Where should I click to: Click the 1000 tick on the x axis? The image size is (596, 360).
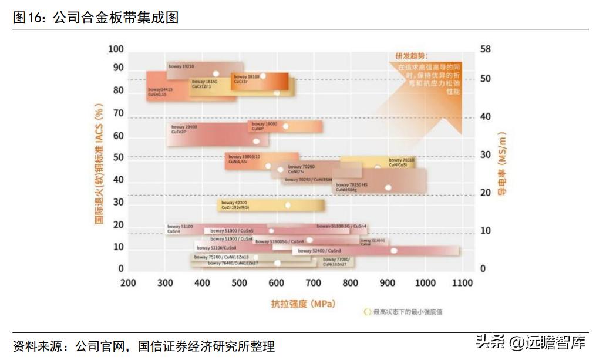(x=425, y=283)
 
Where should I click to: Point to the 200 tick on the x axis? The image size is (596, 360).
(x=128, y=283)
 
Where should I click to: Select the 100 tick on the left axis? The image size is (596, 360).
(x=116, y=49)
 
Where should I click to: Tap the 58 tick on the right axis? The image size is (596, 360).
(x=485, y=49)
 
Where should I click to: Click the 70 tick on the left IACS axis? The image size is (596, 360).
(x=118, y=113)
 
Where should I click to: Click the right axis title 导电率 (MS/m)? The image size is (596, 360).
(x=502, y=164)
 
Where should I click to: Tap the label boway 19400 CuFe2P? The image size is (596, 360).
(x=184, y=129)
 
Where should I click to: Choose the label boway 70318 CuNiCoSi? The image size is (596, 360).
(x=401, y=163)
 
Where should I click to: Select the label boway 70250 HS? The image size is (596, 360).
(x=351, y=187)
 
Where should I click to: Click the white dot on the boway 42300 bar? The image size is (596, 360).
(x=288, y=205)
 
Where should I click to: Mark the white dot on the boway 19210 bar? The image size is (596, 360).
(x=215, y=74)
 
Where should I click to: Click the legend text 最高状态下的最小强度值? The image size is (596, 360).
(x=408, y=312)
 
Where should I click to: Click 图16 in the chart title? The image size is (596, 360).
(x=28, y=18)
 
